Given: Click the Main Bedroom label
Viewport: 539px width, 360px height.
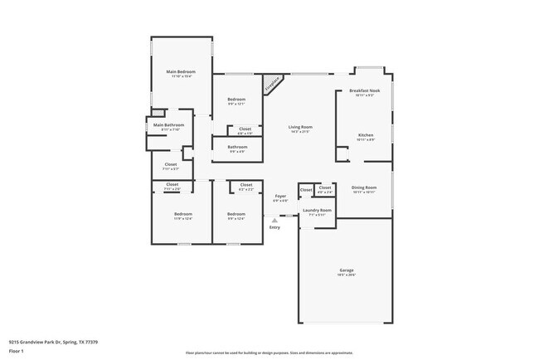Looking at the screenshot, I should pyautogui.click(x=180, y=72).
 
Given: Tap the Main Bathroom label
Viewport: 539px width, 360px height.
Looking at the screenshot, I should pyautogui.click(x=168, y=125).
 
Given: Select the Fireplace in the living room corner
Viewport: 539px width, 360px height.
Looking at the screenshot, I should pyautogui.click(x=272, y=85).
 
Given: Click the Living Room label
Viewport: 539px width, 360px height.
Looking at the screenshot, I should pyautogui.click(x=299, y=127).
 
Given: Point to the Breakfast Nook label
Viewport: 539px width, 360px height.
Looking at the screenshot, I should pyautogui.click(x=365, y=90).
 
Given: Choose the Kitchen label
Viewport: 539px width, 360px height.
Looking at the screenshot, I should pyautogui.click(x=366, y=135).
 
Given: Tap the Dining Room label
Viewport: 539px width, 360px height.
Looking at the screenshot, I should pyautogui.click(x=364, y=187).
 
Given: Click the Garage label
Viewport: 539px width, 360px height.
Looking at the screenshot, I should pyautogui.click(x=346, y=270).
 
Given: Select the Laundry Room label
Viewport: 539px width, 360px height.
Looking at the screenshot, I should pyautogui.click(x=317, y=211).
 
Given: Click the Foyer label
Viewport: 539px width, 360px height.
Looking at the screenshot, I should pyautogui.click(x=280, y=197).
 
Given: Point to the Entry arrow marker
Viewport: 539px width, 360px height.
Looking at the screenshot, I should pyautogui.click(x=274, y=220).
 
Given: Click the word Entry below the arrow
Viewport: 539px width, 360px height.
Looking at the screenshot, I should pyautogui.click(x=274, y=227).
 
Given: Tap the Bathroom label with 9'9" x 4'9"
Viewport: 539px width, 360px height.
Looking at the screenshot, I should pyautogui.click(x=236, y=147).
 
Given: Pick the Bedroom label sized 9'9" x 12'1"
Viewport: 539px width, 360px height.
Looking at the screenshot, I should pyautogui.click(x=236, y=100).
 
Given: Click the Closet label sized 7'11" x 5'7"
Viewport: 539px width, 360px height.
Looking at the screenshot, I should pyautogui.click(x=171, y=164).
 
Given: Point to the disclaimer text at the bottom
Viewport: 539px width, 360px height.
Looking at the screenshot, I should pyautogui.click(x=269, y=352).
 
